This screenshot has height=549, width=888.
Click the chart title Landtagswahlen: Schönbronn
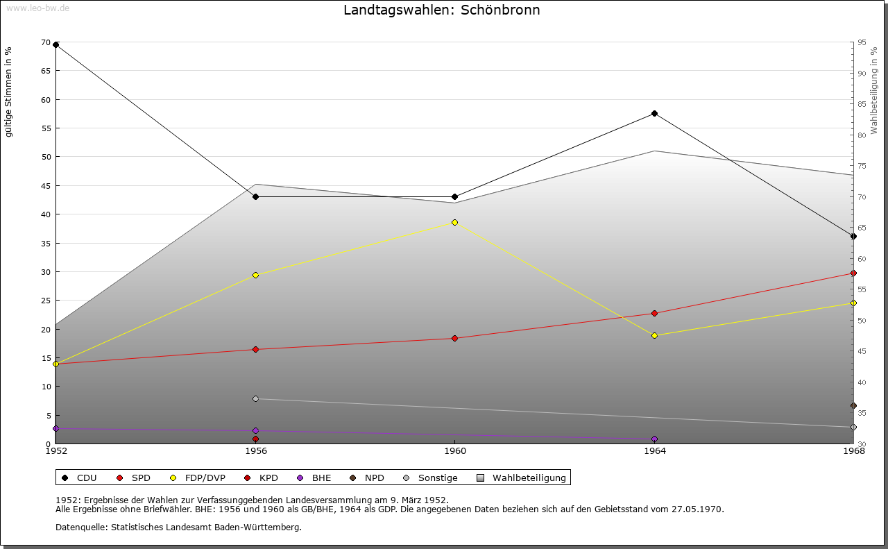(441, 10)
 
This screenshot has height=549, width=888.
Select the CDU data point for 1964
(654, 113)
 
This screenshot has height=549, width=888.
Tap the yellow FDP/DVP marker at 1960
(454, 222)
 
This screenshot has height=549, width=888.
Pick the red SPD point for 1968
(853, 273)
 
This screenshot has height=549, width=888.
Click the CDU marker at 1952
(55, 45)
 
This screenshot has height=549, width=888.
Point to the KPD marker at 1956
(255, 439)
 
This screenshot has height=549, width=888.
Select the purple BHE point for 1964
(654, 439)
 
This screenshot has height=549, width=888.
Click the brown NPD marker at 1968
(853, 405)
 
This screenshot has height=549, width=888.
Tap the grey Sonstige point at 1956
(255, 398)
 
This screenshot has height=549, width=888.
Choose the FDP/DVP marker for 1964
(654, 335)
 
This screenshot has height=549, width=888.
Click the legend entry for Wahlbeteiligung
(529, 478)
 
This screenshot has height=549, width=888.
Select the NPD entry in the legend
(374, 478)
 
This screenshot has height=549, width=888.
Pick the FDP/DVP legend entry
(205, 478)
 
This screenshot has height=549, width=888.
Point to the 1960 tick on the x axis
(454, 450)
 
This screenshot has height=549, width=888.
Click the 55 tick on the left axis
(46, 128)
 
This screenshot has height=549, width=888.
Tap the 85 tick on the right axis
(861, 104)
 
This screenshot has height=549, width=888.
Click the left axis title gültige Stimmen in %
(9, 92)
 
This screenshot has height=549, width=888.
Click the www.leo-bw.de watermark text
(37, 8)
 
